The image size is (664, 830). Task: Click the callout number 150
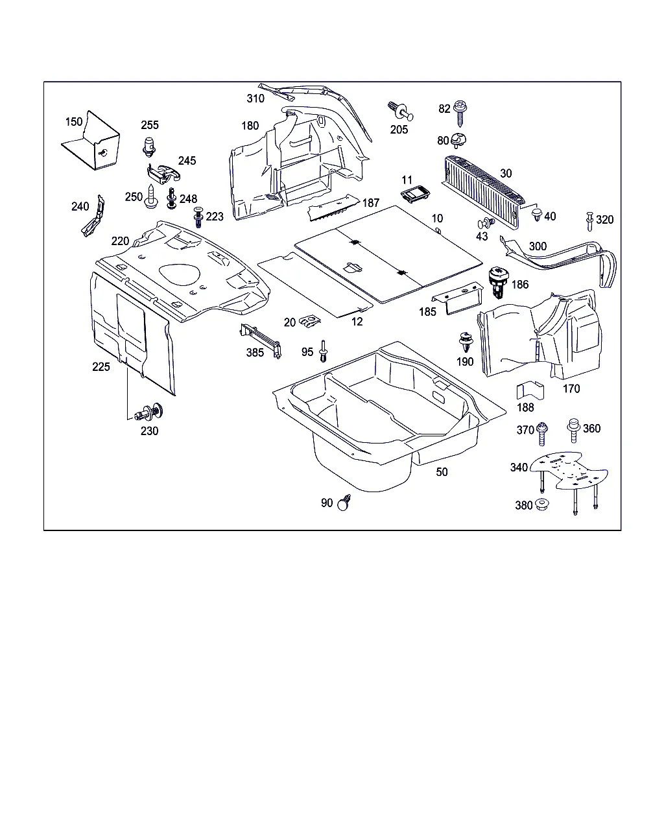(x=74, y=121)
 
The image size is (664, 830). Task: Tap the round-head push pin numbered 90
(x=344, y=503)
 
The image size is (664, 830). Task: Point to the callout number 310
(x=255, y=99)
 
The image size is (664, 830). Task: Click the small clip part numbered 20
(x=309, y=320)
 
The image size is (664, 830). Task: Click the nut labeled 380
(x=541, y=504)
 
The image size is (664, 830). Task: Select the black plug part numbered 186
(x=498, y=282)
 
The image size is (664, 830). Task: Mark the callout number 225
(x=101, y=366)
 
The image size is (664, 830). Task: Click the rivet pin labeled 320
(x=589, y=220)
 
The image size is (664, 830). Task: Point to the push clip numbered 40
(x=536, y=214)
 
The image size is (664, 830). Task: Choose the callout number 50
(x=442, y=472)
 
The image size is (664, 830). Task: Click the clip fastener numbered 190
(x=465, y=342)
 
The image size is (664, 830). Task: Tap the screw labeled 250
(x=152, y=196)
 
